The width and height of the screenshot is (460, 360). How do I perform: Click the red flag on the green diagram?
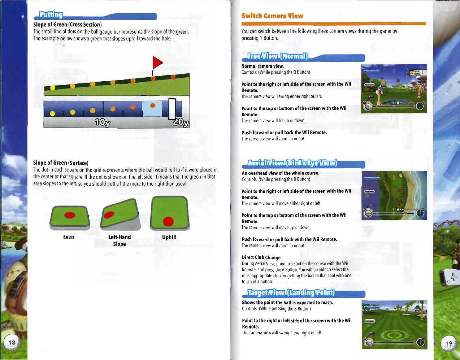click(x=157, y=63)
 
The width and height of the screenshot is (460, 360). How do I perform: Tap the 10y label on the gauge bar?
click(x=102, y=123)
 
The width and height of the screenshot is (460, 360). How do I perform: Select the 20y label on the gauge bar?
click(x=181, y=123)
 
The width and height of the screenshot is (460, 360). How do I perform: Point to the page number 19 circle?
click(x=448, y=343)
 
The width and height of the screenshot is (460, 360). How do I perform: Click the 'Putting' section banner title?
click(x=51, y=15)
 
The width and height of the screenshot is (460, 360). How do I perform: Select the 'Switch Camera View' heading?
click(x=272, y=16)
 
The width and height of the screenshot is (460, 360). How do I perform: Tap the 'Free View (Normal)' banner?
click(x=278, y=56)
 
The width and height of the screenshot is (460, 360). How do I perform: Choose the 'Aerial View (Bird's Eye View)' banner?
click(x=292, y=163)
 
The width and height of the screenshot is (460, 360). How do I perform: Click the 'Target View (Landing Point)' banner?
click(x=291, y=292)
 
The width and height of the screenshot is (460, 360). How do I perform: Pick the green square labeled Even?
click(x=69, y=217)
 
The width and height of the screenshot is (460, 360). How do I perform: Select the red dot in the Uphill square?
click(x=168, y=221)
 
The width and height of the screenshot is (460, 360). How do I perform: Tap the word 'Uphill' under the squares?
click(x=169, y=237)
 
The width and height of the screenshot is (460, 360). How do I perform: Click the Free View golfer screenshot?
click(x=394, y=89)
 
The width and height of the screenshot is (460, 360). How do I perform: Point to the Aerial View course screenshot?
click(x=394, y=195)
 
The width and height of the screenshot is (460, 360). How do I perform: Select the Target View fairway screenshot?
click(x=394, y=325)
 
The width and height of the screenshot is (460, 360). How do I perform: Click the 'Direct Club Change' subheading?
click(x=261, y=257)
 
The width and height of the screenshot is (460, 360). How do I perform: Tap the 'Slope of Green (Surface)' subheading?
click(x=61, y=163)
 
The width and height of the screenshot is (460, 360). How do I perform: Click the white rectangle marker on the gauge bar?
click(x=172, y=109)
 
